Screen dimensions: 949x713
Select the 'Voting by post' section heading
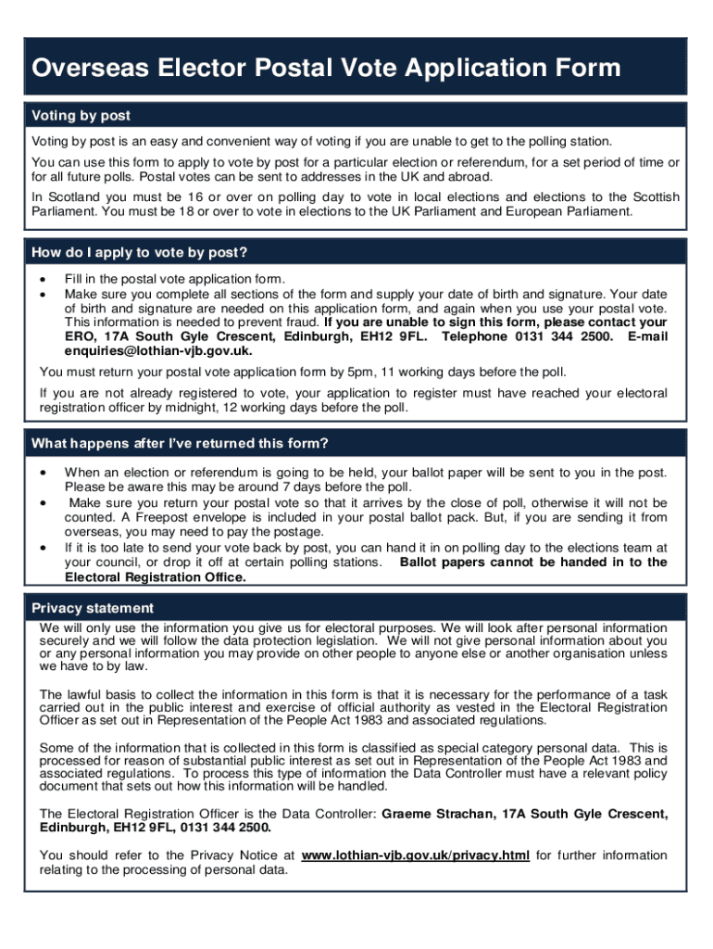[81, 116]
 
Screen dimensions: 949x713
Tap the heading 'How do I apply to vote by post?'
[140, 253]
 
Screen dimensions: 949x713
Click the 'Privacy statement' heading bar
[93, 608]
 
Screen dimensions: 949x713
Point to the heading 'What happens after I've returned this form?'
[181, 443]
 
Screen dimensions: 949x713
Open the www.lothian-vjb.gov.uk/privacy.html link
[416, 855]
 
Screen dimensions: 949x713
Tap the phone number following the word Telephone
[551, 336]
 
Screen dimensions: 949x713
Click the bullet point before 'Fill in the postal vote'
[43, 279]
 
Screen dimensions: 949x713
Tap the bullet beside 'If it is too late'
[43, 548]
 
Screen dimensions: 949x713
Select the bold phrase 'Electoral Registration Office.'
[156, 576]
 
